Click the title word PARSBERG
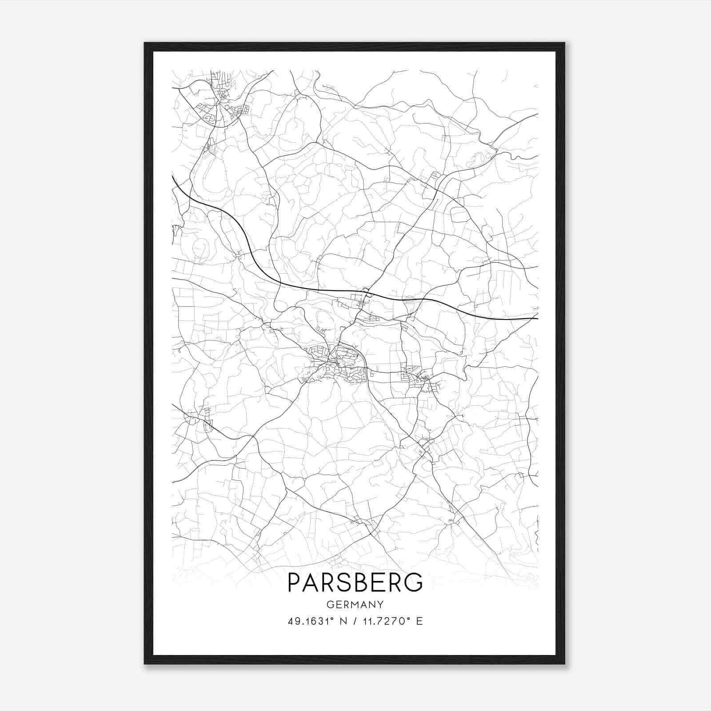click(x=355, y=582)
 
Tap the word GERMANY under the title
click(x=355, y=605)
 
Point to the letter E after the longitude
click(x=419, y=621)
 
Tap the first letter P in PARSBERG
click(x=295, y=582)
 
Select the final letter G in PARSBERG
click(x=414, y=582)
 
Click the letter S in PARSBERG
click(x=345, y=582)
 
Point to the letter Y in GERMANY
click(x=380, y=605)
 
